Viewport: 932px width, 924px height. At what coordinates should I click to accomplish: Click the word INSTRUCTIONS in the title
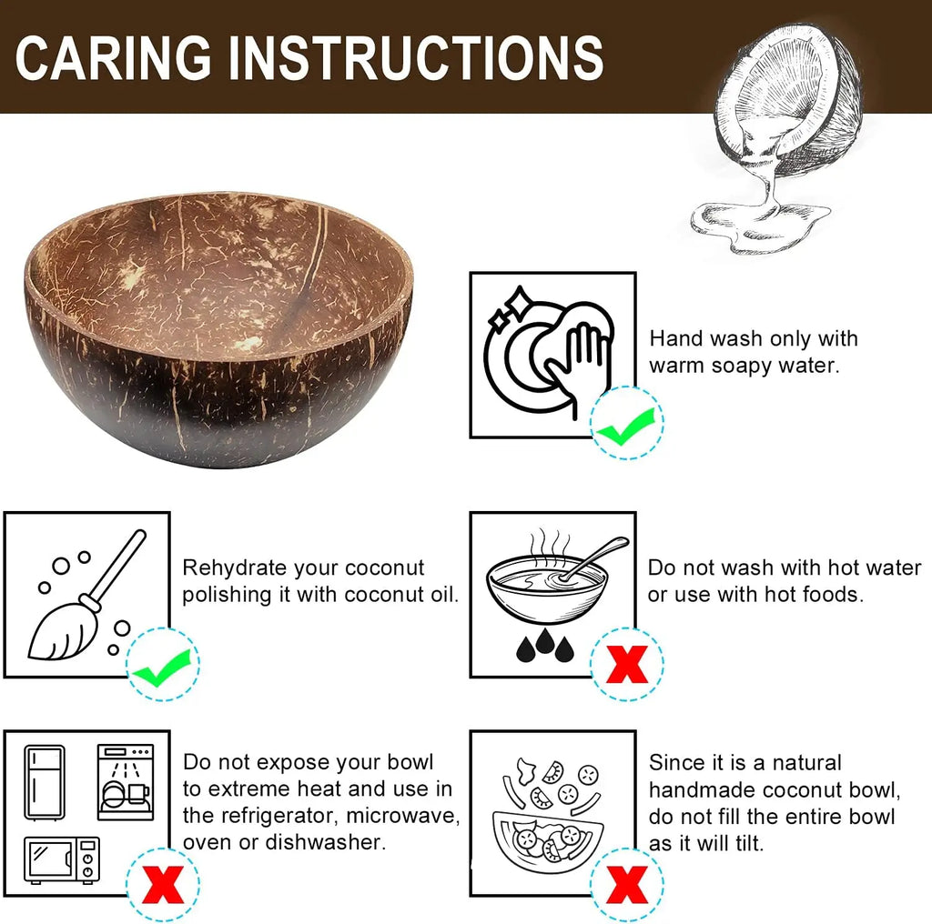[414, 57]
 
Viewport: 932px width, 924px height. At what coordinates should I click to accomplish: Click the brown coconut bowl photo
[218, 333]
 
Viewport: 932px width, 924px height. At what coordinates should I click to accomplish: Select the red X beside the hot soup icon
[626, 665]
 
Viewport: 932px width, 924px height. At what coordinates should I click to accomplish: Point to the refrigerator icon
[45, 782]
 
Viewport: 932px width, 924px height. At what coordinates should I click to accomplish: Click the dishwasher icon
[126, 782]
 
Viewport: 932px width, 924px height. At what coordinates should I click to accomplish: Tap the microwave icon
[62, 859]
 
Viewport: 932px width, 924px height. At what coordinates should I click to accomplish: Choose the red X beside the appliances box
[161, 883]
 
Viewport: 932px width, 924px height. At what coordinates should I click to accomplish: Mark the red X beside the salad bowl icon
[626, 883]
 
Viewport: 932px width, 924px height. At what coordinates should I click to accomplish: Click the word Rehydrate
[235, 568]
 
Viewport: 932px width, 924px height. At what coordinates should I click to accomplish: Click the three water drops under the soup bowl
[545, 648]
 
